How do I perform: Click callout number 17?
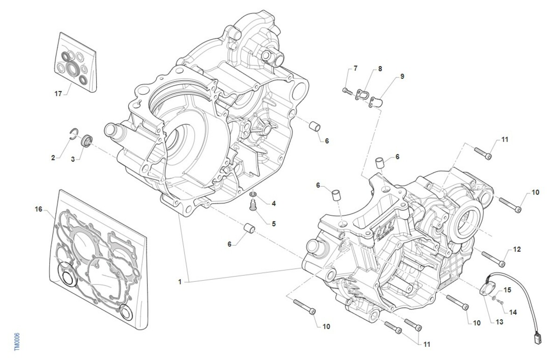pos(58,94)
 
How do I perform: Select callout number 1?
pos(180,282)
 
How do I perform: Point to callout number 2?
pos(53,158)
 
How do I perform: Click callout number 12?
pos(517,249)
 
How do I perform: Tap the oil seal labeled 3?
pos(87,140)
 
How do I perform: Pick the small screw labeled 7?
pos(346,90)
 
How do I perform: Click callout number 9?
pos(402,76)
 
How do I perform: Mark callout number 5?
pos(273,224)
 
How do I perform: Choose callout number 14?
pos(513,312)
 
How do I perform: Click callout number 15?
pos(507,290)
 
